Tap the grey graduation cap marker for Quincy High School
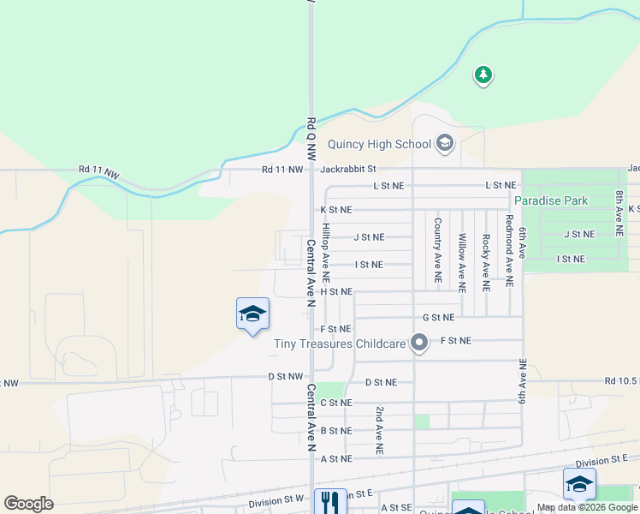[x=444, y=142]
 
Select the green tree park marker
[x=483, y=75]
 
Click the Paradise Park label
[x=551, y=200]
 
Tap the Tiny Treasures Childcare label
[x=340, y=344]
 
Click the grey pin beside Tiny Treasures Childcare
[x=418, y=344]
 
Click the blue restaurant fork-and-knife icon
[x=330, y=501]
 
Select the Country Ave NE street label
[x=437, y=250]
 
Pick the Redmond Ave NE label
[x=509, y=250]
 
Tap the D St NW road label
[x=286, y=376]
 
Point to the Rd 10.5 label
[x=621, y=380]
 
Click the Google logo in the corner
[x=28, y=504]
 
